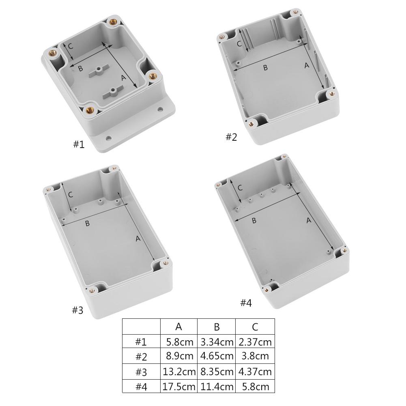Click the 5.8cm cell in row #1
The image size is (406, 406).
pyautogui.click(x=179, y=342)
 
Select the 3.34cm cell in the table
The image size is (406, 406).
pyautogui.click(x=217, y=342)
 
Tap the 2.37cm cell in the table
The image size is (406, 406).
pyautogui.click(x=255, y=342)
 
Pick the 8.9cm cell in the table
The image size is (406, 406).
pyautogui.click(x=179, y=357)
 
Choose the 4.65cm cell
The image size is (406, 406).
pyautogui.click(x=217, y=357)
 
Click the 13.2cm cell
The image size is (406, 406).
pyautogui.click(x=179, y=372)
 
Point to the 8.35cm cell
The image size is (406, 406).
pyautogui.click(x=217, y=372)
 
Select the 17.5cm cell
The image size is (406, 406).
pyautogui.click(x=179, y=386)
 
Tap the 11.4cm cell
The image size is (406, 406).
pyautogui.click(x=217, y=386)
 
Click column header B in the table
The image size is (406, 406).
pyautogui.click(x=217, y=327)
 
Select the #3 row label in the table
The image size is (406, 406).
pyautogui.click(x=141, y=372)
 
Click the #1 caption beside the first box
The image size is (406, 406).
pyautogui.click(x=79, y=144)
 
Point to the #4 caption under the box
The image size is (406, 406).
pyautogui.click(x=246, y=303)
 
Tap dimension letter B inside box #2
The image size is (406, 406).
pyautogui.click(x=265, y=68)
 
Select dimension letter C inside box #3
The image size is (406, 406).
pyautogui.click(x=71, y=195)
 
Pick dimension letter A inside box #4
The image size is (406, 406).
pyautogui.click(x=308, y=220)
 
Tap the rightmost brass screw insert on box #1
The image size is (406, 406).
pyautogui.click(x=153, y=75)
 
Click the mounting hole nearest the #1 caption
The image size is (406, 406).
pyautogui.click(x=108, y=138)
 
